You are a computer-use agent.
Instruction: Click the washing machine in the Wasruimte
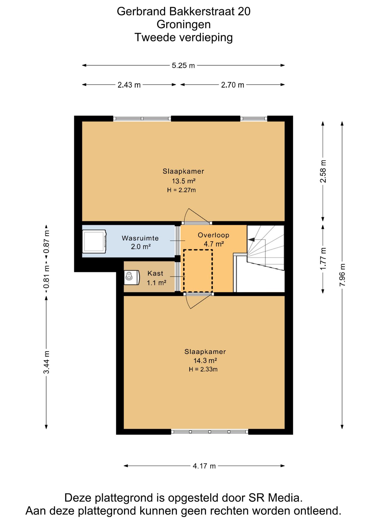(x=94, y=242)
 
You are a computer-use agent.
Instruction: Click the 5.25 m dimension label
(x=183, y=65)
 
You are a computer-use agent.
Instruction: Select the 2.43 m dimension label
(x=129, y=85)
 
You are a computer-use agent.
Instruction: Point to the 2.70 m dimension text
(x=232, y=85)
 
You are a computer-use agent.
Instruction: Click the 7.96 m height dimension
(x=342, y=275)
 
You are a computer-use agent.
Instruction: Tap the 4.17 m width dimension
(x=204, y=466)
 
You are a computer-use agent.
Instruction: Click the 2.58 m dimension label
(x=323, y=171)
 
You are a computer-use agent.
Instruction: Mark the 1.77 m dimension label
(x=323, y=259)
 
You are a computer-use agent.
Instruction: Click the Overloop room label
(x=213, y=235)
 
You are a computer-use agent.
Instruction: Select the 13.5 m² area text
(x=184, y=181)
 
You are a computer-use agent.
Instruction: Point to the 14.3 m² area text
(x=205, y=361)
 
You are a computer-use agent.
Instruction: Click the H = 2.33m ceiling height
(x=203, y=370)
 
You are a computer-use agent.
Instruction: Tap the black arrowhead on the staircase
(x=251, y=240)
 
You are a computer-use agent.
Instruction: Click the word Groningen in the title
(x=184, y=24)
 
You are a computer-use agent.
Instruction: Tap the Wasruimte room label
(x=140, y=238)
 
